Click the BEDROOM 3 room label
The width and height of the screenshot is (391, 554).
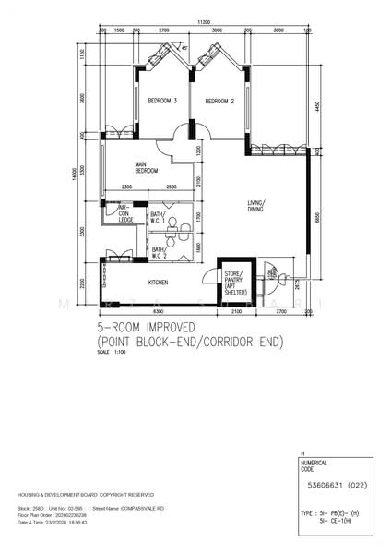click(x=161, y=101)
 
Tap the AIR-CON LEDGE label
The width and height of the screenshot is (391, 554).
click(x=127, y=213)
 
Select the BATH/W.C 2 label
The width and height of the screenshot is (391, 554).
click(x=159, y=251)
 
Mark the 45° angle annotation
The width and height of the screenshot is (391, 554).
click(x=184, y=48)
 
